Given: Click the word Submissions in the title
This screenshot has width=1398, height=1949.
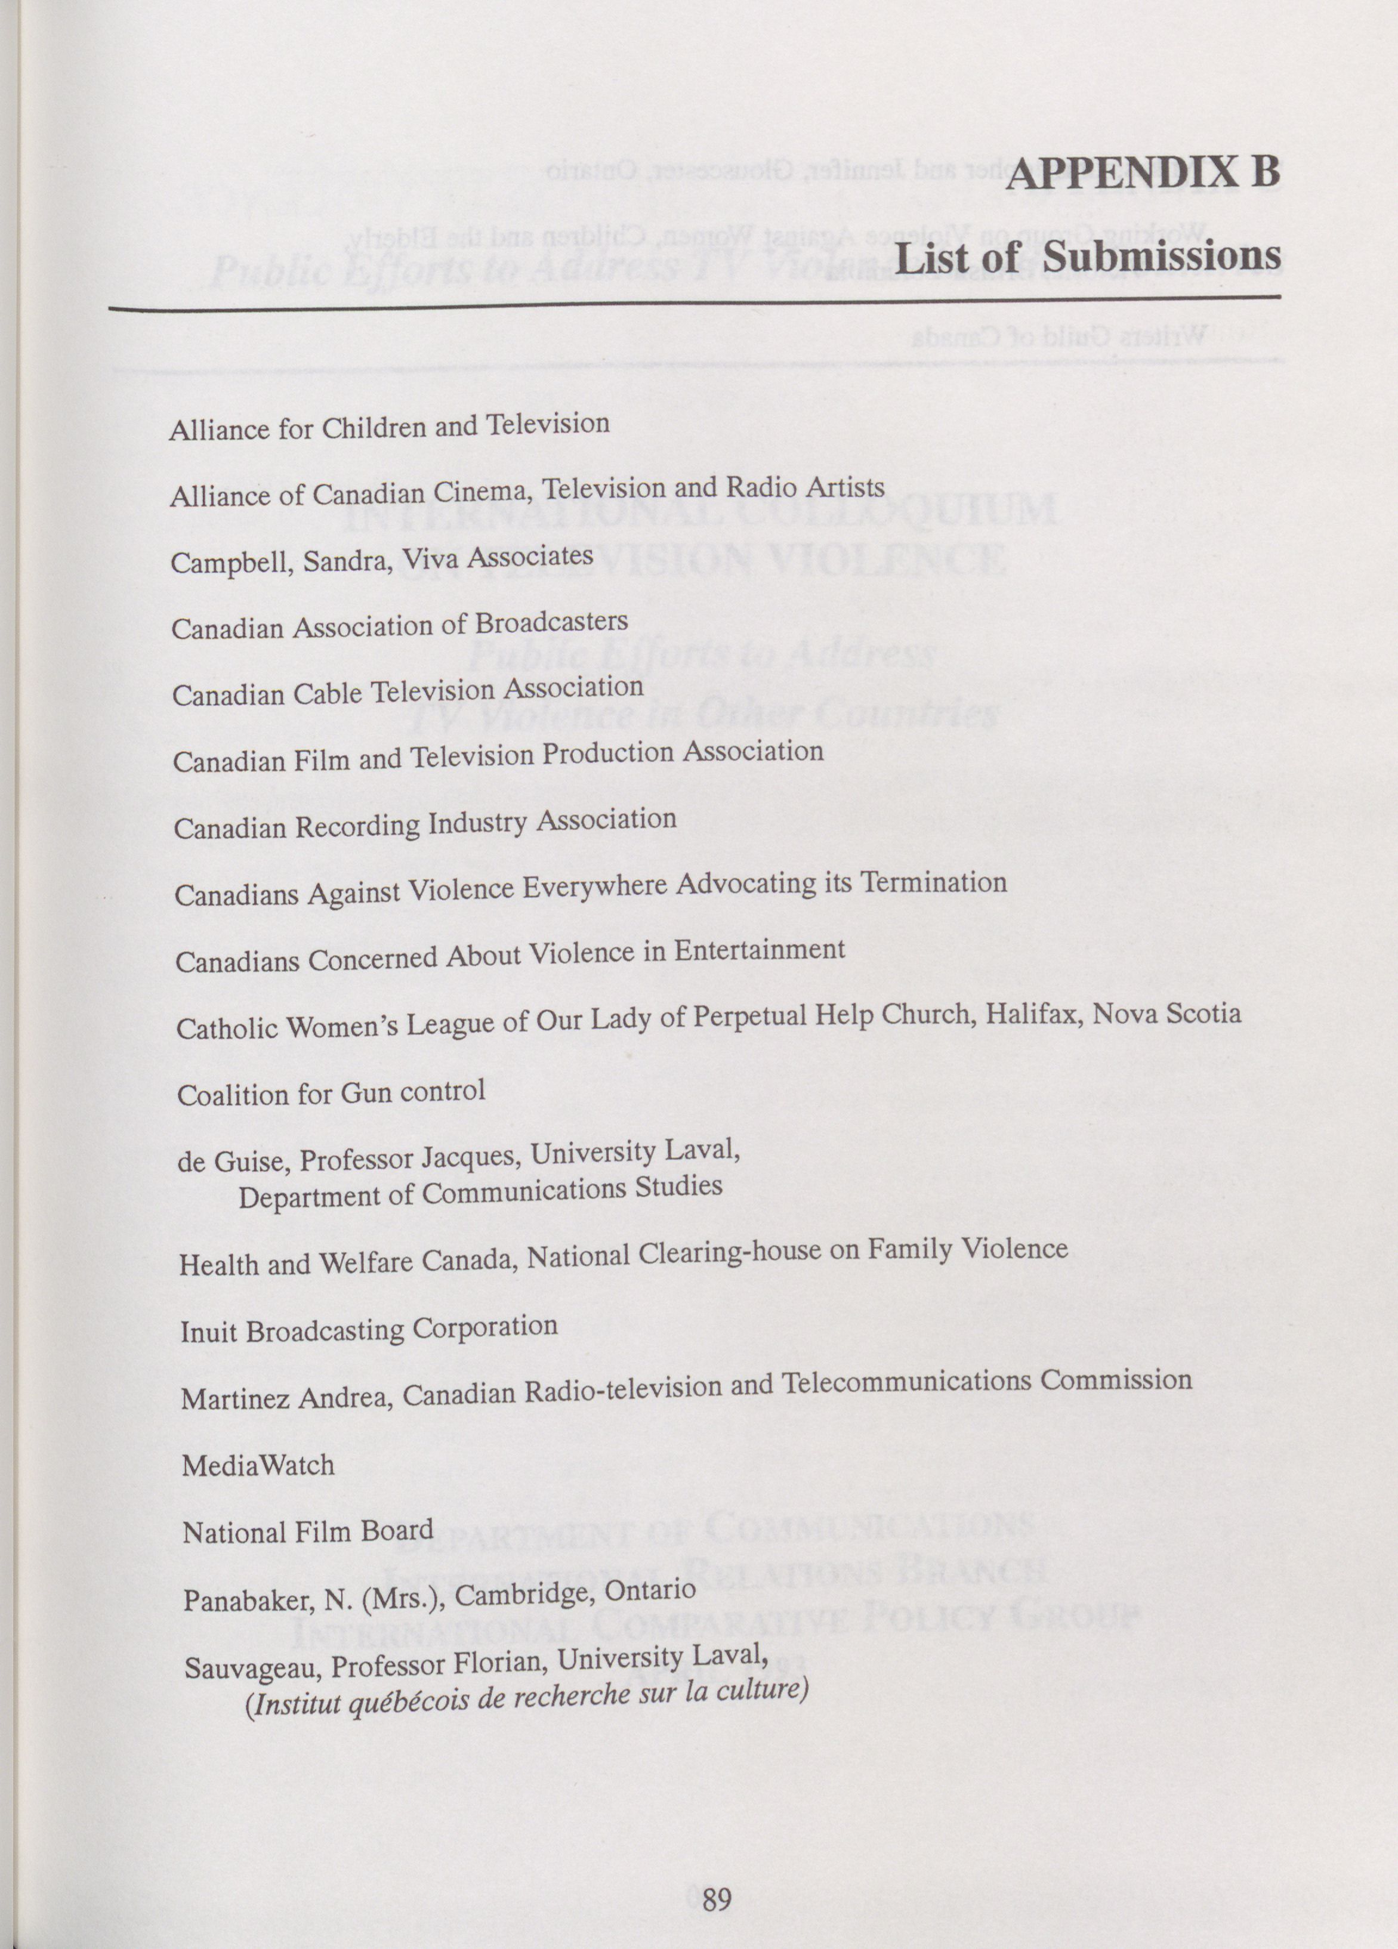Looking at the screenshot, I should click(x=1162, y=256).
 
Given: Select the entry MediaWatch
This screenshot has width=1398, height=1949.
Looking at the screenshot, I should click(x=258, y=1465).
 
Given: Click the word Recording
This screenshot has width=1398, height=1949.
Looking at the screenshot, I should click(x=359, y=827).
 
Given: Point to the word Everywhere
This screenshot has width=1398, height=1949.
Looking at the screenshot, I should click(x=595, y=888).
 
